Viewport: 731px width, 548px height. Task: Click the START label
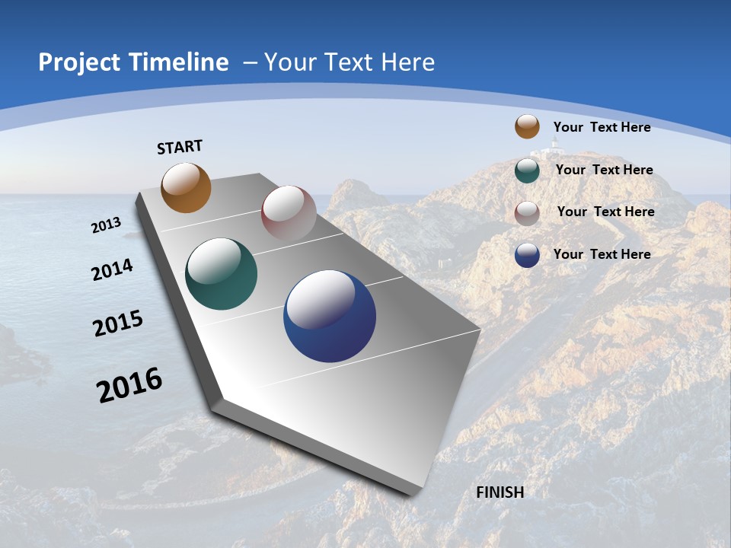(x=180, y=147)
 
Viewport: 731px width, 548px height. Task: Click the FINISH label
(x=500, y=492)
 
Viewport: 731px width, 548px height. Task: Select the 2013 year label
(x=106, y=225)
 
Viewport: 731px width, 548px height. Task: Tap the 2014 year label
(x=113, y=270)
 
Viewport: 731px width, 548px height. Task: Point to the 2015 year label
(x=118, y=323)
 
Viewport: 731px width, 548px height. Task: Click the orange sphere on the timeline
(x=186, y=187)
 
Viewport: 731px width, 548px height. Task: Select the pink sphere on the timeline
(x=289, y=213)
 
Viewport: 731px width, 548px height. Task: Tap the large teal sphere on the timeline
(x=221, y=274)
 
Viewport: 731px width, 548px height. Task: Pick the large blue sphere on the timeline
(x=330, y=316)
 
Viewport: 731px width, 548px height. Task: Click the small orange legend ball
(x=527, y=126)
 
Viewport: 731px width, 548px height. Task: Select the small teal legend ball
(x=527, y=170)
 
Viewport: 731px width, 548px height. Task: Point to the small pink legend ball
(x=527, y=212)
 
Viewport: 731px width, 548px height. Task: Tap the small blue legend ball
(x=527, y=255)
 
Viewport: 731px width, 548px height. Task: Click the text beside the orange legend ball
(x=602, y=127)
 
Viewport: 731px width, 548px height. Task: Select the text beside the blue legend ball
(x=602, y=254)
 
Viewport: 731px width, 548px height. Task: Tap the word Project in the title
(x=77, y=62)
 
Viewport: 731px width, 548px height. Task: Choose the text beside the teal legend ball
(x=604, y=170)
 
